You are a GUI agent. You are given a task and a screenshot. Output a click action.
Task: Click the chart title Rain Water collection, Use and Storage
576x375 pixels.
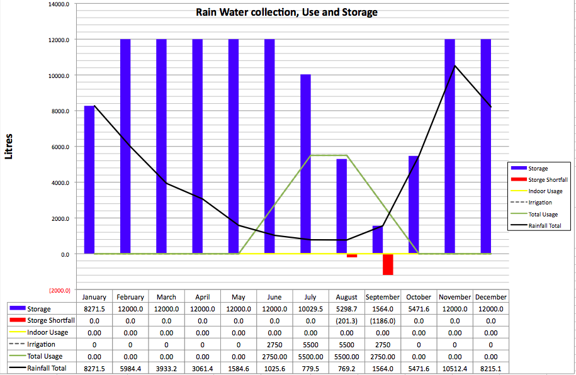coord(287,13)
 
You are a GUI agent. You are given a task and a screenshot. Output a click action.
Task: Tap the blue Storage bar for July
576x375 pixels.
coord(305,164)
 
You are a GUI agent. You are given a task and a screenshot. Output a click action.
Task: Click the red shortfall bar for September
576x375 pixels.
coord(388,264)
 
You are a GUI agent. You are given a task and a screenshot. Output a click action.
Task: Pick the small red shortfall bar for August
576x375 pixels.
coord(352,255)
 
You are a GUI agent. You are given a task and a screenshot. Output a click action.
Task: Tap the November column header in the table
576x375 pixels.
coord(455,297)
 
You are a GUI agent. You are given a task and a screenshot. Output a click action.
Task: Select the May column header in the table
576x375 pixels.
coord(239,297)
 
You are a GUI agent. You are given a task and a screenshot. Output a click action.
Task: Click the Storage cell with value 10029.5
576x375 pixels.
coord(310,309)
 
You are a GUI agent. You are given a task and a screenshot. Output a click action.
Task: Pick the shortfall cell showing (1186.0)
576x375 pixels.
coord(382,321)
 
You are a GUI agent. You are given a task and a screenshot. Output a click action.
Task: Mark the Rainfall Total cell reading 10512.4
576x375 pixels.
coord(455,368)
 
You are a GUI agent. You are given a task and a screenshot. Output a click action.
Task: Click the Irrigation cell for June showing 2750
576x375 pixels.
coord(274,345)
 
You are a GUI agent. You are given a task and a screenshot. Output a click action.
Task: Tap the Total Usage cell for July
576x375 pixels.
coord(310,356)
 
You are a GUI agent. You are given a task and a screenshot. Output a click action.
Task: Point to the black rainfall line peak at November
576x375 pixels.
coord(455,65)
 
